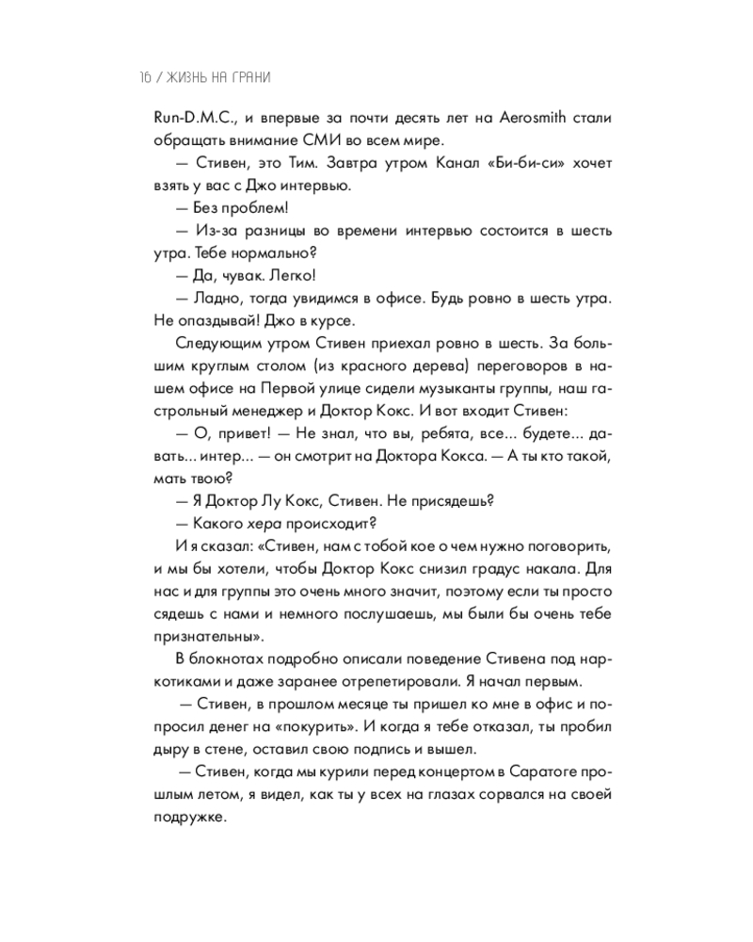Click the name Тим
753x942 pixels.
[286, 165]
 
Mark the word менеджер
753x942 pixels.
[271, 412]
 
